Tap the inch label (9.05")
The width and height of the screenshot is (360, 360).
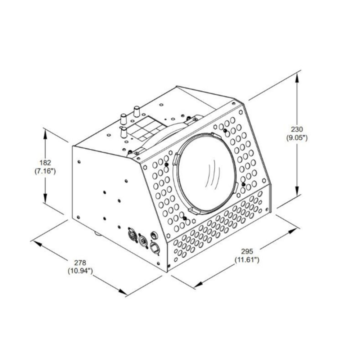pos(297,138)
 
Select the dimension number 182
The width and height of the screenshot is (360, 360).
pos(45,163)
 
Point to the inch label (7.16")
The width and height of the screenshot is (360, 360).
pos(45,171)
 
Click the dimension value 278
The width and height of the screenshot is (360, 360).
pos(80,262)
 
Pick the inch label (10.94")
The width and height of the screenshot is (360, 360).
pos(80,271)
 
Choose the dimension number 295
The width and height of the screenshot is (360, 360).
pos(247,251)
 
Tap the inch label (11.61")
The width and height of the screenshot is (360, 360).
pos(247,260)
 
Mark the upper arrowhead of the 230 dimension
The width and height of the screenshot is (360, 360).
pos(297,79)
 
